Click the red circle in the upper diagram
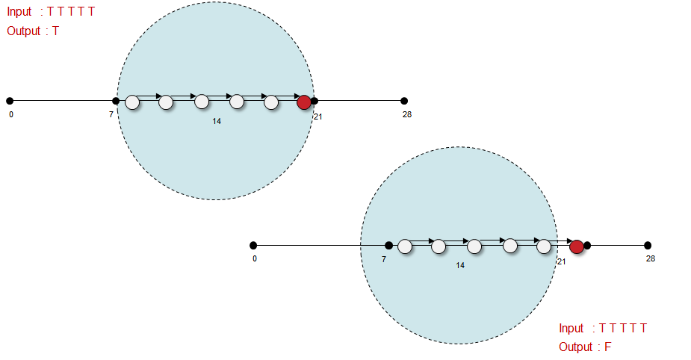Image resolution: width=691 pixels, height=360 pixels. click(x=304, y=102)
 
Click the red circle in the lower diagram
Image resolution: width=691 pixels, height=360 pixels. click(x=577, y=246)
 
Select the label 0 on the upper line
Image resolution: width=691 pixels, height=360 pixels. click(x=11, y=115)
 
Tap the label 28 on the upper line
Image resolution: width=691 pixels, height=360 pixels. click(x=406, y=114)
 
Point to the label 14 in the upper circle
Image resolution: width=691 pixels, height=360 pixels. click(x=217, y=121)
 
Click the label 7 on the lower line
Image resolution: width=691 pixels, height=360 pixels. click(x=384, y=259)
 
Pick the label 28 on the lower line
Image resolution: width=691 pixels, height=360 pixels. click(x=651, y=258)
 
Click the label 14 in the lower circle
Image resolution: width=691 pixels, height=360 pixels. click(x=460, y=265)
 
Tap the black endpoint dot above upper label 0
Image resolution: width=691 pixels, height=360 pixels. click(x=10, y=101)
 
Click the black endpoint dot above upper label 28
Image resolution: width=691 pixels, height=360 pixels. click(x=404, y=101)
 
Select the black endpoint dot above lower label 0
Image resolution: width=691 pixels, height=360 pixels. click(x=253, y=245)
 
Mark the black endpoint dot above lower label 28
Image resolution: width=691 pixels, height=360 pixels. click(x=648, y=245)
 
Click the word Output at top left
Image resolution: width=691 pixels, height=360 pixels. click(x=24, y=31)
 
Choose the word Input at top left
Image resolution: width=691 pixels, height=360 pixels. click(x=19, y=12)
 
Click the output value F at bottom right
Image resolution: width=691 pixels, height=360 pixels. click(x=608, y=347)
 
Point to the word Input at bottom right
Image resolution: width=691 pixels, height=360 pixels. click(x=571, y=328)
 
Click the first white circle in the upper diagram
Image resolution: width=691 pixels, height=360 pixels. click(x=132, y=102)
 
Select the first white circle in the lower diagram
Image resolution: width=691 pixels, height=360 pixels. click(x=405, y=246)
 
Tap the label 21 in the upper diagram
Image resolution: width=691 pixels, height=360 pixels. click(x=318, y=117)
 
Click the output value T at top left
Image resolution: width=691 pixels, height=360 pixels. click(x=55, y=31)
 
